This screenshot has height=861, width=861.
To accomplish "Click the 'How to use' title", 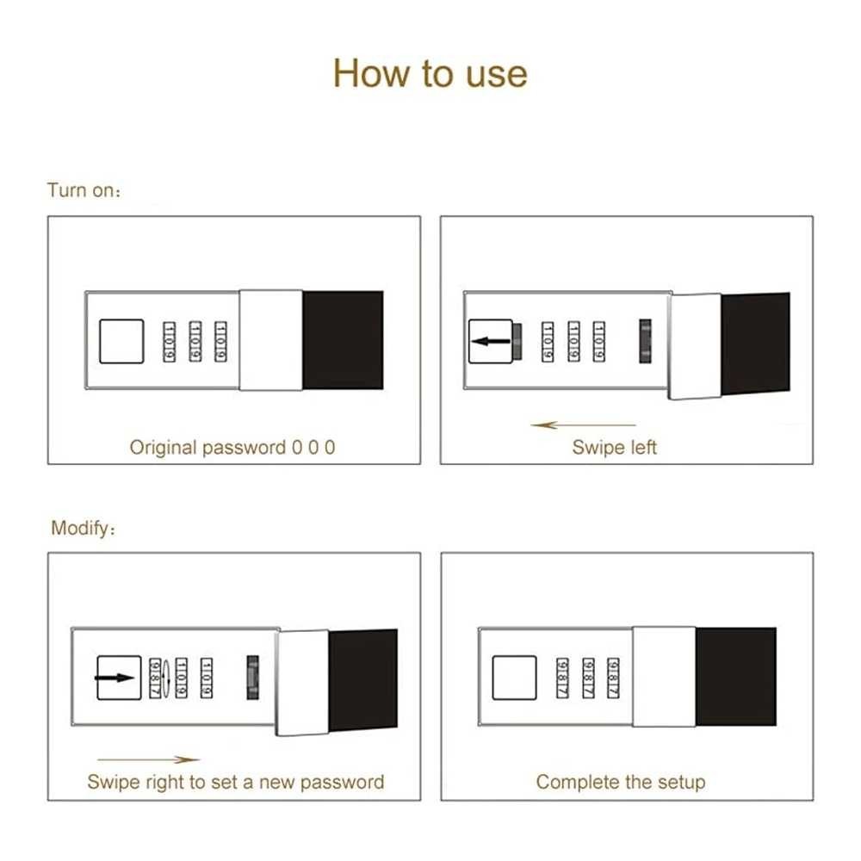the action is click(x=430, y=73).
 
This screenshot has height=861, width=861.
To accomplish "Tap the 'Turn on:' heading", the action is click(x=84, y=190).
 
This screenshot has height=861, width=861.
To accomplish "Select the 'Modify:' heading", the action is click(x=83, y=528).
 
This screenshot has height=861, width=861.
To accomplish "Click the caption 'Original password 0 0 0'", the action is click(x=232, y=447).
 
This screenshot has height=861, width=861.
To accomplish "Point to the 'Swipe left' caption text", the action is click(x=614, y=447).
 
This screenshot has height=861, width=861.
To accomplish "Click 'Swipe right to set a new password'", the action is click(x=236, y=782).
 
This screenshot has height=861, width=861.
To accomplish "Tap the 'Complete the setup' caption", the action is click(x=621, y=782).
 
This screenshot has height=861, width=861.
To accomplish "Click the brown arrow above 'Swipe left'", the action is click(x=583, y=424).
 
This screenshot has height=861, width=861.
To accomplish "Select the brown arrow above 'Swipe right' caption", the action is click(x=148, y=759).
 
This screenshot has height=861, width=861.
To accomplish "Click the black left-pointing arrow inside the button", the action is click(x=491, y=342).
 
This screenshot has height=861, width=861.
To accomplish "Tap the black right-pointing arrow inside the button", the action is click(x=115, y=678).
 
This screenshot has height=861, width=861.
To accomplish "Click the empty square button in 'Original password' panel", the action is click(x=121, y=342).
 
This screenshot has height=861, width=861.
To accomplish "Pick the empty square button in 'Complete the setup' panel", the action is click(x=514, y=678).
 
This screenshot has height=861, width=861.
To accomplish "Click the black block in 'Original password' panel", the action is click(x=343, y=340).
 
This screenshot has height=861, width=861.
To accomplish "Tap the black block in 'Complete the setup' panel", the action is click(x=736, y=677).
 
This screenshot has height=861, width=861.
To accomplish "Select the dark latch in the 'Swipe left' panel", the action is click(x=645, y=341).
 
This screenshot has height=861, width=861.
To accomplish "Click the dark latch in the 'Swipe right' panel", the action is click(x=252, y=677).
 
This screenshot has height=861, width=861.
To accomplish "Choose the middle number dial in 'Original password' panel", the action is click(x=195, y=342).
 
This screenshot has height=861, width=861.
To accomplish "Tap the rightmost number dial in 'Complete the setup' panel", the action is click(x=613, y=678).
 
